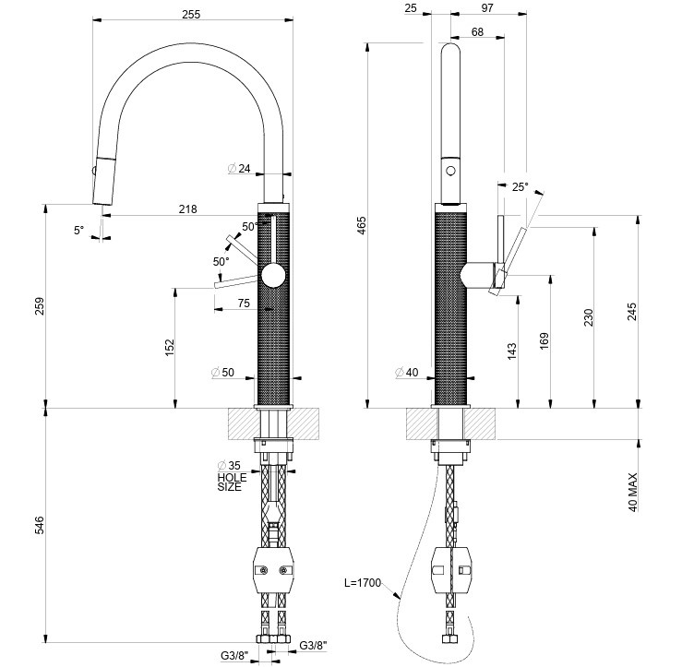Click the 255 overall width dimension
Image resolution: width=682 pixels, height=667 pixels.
192,16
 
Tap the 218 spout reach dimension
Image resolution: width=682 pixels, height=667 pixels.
187,209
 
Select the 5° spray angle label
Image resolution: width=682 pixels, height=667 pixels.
78,230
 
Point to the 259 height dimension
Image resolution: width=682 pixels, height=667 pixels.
38,306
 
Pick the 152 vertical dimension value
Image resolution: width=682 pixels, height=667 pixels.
169,347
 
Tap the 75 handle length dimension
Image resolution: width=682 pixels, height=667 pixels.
244,303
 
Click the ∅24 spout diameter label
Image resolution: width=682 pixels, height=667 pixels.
239,169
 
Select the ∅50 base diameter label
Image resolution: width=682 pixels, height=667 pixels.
223,372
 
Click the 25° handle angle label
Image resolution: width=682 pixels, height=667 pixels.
520,187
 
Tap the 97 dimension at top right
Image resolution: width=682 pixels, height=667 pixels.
487,8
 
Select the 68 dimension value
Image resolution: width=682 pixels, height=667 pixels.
477,32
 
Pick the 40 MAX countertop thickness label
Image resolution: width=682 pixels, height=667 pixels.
632,493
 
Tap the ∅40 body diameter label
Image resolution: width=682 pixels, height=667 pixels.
406,373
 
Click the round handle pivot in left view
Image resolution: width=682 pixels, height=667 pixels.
273,276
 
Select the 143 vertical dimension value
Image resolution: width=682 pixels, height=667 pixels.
512,350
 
